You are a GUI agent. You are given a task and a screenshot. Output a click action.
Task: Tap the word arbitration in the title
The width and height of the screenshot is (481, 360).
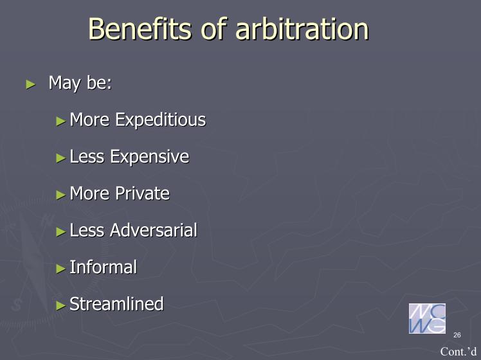coord(302,28)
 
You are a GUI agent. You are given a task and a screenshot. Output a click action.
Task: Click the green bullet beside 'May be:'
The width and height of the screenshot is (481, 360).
coord(31,84)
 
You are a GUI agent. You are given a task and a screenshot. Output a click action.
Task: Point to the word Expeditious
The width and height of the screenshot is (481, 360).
coord(160,120)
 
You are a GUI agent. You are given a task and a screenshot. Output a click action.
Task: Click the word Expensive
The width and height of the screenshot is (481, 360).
coord(149,157)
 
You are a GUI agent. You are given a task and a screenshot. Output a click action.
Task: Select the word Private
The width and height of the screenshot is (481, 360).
coord(142,194)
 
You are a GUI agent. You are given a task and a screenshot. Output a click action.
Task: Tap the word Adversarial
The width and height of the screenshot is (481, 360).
coord(154,230)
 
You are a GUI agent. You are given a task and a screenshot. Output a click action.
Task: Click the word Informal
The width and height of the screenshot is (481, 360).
coord(103,267)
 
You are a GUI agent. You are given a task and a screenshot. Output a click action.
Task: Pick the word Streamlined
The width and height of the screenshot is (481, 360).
coord(116,304)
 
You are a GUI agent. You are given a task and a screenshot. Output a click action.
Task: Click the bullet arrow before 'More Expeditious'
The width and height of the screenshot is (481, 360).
coord(61,122)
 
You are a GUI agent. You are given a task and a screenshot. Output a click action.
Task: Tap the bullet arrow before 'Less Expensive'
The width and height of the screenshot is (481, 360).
coord(61,158)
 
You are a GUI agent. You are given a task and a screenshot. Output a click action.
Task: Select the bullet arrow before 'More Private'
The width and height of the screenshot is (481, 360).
coord(61,195)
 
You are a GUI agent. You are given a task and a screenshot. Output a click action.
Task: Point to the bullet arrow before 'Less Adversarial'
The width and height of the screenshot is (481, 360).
coord(61,232)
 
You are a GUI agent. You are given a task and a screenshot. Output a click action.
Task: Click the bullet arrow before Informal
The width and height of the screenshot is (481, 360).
coord(61,269)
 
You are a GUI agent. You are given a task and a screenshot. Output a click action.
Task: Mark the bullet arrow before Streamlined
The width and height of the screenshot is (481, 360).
coord(61,305)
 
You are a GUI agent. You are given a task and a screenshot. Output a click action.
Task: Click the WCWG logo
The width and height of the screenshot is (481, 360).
coord(427,318)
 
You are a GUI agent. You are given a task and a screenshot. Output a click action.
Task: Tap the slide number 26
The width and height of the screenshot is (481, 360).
coord(457,335)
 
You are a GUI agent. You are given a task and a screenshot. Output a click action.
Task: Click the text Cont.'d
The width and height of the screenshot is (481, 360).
coord(458,352)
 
